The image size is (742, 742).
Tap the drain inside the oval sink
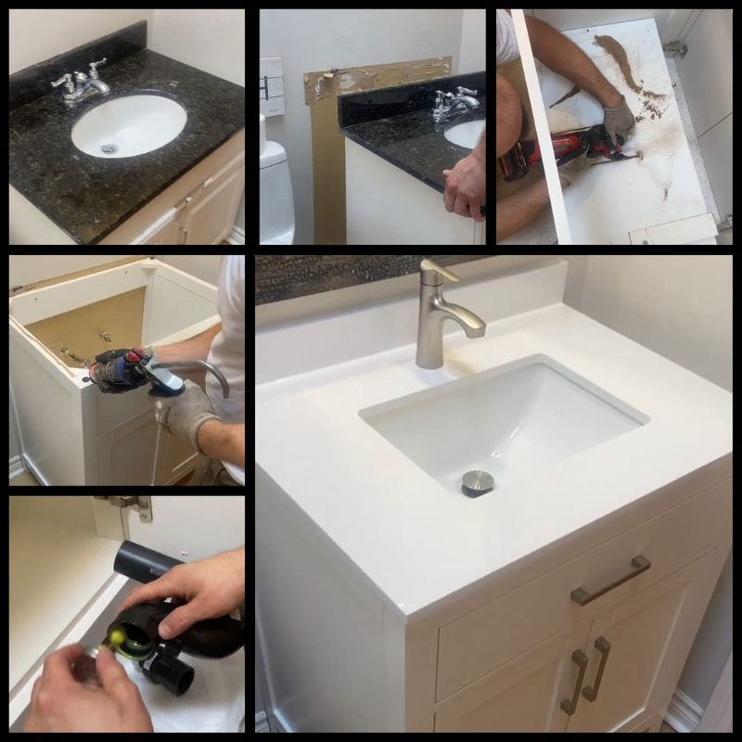pos(109,147)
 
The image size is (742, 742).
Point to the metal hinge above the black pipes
pos(130,506)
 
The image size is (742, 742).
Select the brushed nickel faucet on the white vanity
pos(443,315)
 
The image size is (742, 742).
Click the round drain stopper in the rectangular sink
pos(478,481)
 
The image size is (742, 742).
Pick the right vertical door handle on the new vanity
pos(600,668)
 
